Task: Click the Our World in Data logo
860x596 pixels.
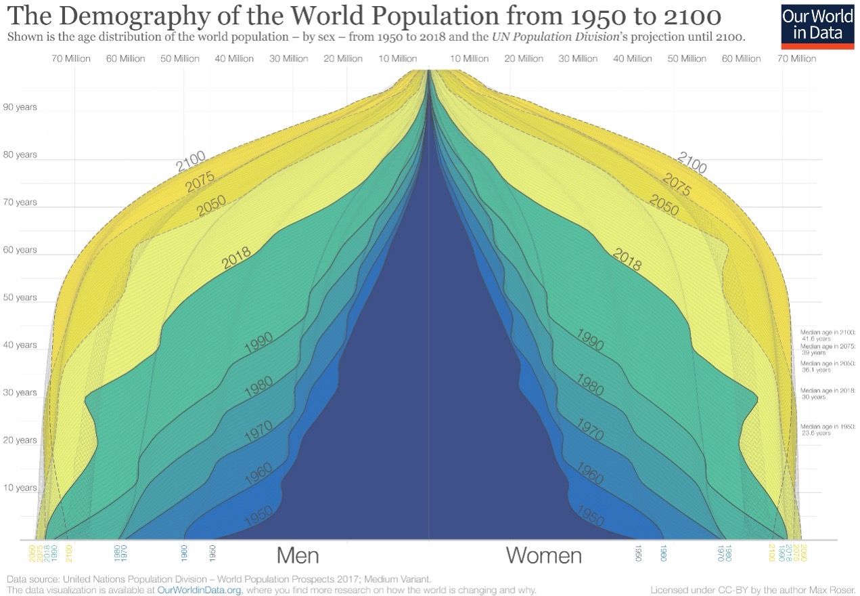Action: point(817,26)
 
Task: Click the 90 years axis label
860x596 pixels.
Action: point(20,107)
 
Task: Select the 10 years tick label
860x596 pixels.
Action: point(20,488)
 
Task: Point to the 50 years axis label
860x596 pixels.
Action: point(20,297)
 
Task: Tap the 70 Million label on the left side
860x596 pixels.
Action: point(71,59)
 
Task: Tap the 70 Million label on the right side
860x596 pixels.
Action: point(796,59)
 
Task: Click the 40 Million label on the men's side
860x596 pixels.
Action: point(234,59)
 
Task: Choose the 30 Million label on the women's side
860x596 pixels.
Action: point(579,59)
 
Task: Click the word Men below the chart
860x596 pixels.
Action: point(298,556)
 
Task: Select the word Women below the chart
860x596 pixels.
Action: point(543,556)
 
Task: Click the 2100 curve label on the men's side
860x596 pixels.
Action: point(190,163)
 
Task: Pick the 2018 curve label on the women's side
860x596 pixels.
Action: point(627,259)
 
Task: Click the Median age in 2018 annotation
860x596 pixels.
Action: point(827,393)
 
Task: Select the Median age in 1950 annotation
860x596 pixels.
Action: point(827,429)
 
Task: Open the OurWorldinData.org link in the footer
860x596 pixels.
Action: point(199,590)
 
